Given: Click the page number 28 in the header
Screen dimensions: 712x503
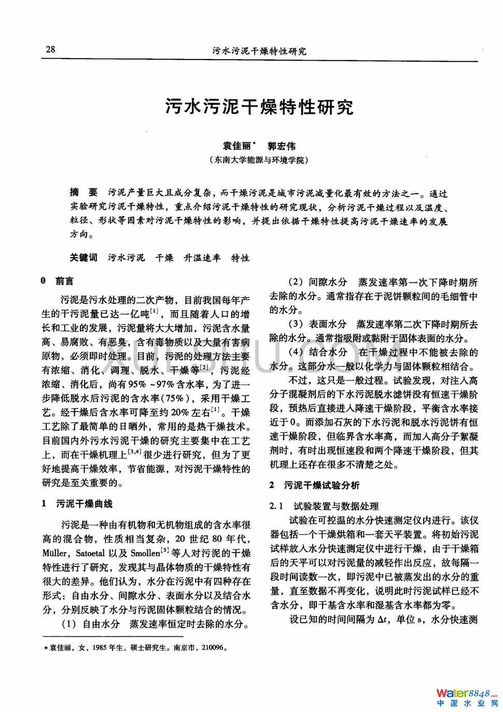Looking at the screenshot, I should click(50, 50).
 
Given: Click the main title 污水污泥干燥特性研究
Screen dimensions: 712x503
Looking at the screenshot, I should click(259, 107).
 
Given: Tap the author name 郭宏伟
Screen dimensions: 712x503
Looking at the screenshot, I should click(282, 146).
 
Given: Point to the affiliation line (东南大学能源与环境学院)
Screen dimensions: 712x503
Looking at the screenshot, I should click(259, 160).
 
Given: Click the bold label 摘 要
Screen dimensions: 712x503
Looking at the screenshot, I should click(83, 193).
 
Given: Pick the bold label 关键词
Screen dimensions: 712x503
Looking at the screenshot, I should click(83, 258).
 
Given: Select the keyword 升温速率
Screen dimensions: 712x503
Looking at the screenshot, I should click(202, 258).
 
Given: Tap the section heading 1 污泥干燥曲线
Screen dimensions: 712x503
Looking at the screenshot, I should click(77, 504).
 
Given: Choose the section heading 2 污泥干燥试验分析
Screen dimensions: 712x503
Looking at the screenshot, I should click(314, 486).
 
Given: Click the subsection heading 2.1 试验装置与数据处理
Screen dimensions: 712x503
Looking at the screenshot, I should click(324, 506).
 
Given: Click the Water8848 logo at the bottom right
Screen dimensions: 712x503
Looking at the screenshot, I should click(467, 697).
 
